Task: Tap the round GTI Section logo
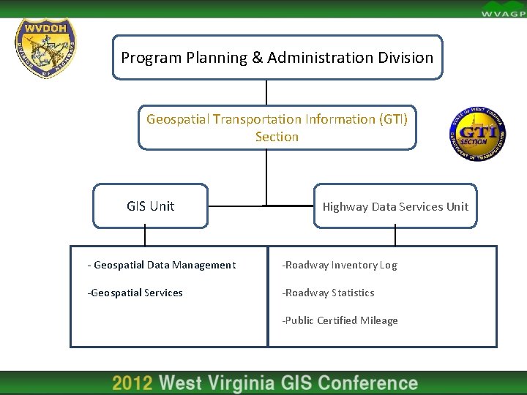tap(477, 132)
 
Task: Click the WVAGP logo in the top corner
tap(502, 10)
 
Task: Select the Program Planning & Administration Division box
tap(277, 57)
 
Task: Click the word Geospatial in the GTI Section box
tap(178, 118)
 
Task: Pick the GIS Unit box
tap(150, 206)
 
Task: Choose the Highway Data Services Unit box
tap(395, 206)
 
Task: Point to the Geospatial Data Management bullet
tap(162, 266)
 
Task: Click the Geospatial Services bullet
tap(135, 293)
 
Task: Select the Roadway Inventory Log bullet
tap(340, 266)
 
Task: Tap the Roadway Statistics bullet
tap(329, 293)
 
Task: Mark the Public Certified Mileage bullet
tap(340, 320)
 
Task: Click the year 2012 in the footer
tap(132, 383)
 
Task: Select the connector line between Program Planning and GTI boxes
tap(266, 92)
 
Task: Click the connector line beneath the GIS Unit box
tap(145, 236)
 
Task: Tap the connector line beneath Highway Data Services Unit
tap(395, 236)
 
